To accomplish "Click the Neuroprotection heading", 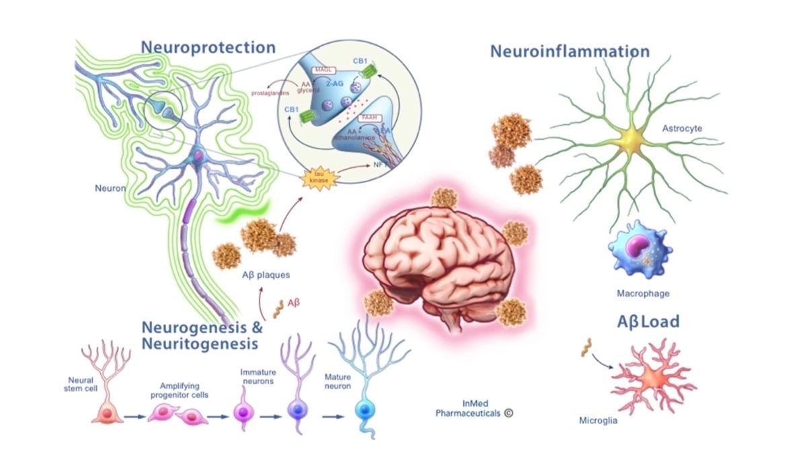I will tap(208, 48).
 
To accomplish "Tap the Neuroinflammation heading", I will tap(570, 52).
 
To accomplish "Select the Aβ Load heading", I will tap(648, 322).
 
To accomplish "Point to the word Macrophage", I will tap(643, 294).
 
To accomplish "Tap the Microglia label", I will tap(597, 421).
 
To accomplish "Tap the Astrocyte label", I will tap(681, 128).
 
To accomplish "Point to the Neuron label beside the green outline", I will tap(110, 188).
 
